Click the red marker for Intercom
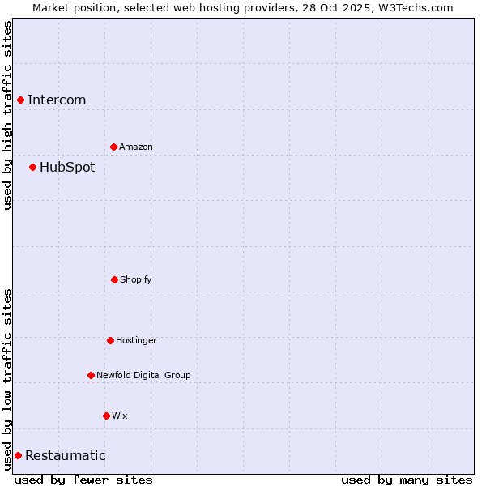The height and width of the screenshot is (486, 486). (x=20, y=100)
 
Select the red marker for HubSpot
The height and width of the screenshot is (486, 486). (x=32, y=167)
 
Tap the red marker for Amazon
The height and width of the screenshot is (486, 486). (x=113, y=147)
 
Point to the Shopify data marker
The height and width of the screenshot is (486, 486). (x=114, y=279)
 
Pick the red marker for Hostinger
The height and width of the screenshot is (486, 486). (x=110, y=340)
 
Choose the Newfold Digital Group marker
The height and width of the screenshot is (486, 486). (x=91, y=375)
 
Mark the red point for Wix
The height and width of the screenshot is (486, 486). (x=106, y=416)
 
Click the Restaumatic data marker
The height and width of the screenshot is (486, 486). (x=18, y=455)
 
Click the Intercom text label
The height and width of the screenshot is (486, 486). (x=57, y=100)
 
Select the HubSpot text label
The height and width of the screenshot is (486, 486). (x=67, y=168)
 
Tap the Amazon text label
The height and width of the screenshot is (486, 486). (x=136, y=147)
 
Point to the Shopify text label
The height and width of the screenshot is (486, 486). (x=136, y=280)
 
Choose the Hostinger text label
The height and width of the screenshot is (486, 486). (x=136, y=341)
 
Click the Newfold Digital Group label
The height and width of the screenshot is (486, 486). (x=143, y=376)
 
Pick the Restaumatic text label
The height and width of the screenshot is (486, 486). (x=66, y=456)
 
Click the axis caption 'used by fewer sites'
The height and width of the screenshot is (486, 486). (x=83, y=480)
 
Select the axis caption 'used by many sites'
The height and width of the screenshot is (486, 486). (x=407, y=480)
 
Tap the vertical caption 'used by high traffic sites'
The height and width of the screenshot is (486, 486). (x=8, y=115)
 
